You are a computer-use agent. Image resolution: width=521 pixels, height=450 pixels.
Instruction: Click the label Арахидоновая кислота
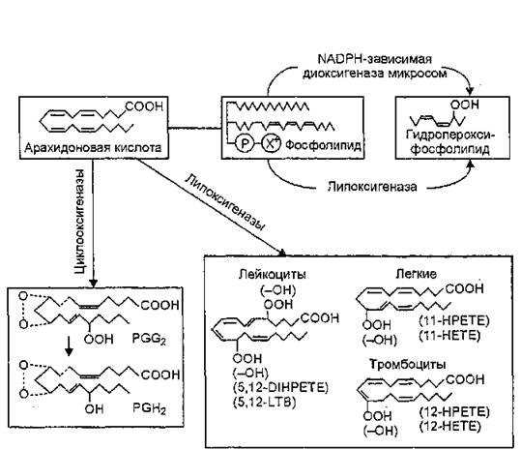tap(93, 147)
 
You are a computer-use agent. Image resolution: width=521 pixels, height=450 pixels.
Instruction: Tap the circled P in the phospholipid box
tap(245, 143)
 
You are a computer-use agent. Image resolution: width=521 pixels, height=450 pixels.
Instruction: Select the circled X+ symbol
tap(272, 143)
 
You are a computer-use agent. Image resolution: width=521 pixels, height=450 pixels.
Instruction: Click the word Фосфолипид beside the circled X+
tap(323, 145)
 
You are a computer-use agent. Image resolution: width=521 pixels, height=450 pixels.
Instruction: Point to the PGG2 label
tap(149, 339)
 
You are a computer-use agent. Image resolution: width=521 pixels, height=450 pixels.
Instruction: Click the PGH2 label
tap(149, 408)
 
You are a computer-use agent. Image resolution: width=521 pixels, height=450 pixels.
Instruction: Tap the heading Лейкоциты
tap(273, 275)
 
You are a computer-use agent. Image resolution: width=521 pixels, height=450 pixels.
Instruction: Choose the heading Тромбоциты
tap(408, 365)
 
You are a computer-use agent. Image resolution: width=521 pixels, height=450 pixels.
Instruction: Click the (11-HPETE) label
tap(454, 321)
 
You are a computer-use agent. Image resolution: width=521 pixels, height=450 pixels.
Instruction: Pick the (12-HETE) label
tap(450, 427)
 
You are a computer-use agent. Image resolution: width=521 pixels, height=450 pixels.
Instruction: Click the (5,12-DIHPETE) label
tap(280, 387)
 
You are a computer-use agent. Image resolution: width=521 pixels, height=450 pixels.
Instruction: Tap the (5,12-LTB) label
tap(265, 403)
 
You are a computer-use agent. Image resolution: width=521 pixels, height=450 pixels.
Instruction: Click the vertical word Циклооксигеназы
tap(79, 222)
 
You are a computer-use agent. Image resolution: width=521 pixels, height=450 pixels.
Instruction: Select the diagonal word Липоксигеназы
tap(225, 202)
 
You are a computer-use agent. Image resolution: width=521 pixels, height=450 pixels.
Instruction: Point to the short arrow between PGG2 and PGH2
tap(69, 346)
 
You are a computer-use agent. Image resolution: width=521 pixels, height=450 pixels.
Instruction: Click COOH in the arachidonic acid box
tap(145, 106)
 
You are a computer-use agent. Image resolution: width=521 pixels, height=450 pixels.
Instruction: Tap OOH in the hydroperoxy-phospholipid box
tap(465, 105)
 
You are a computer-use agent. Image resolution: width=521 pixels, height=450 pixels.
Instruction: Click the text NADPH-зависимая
tap(375, 59)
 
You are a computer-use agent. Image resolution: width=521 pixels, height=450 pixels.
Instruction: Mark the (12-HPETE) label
tap(454, 412)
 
